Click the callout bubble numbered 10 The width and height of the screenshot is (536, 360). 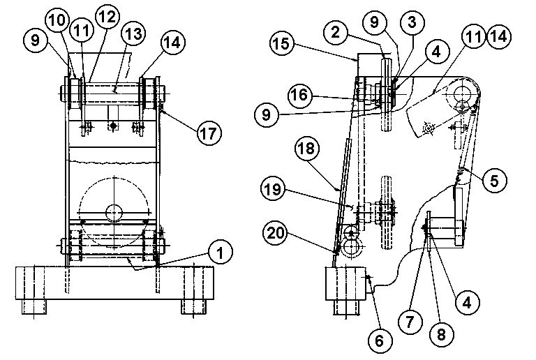57,20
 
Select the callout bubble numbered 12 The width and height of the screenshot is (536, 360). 107,16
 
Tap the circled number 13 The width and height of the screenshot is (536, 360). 133,33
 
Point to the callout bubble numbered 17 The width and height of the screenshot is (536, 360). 209,133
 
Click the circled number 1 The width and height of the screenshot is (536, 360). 221,253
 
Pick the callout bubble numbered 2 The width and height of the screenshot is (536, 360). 336,32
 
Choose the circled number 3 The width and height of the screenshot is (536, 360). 412,22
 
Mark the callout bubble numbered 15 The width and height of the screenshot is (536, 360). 282,44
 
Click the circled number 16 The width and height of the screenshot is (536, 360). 300,95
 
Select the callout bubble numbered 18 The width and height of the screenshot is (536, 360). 307,149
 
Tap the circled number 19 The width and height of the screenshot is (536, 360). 273,189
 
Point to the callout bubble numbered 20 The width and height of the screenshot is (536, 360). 275,234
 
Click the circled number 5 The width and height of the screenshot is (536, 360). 495,181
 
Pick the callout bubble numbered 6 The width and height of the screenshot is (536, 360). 380,340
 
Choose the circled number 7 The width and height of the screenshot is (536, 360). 410,322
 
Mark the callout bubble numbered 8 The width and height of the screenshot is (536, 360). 441,334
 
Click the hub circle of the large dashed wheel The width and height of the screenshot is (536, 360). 114,213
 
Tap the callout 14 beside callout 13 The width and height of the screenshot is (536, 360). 172,43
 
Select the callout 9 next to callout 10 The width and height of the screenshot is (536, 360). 35,40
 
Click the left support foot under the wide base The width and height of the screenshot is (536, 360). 33,307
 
